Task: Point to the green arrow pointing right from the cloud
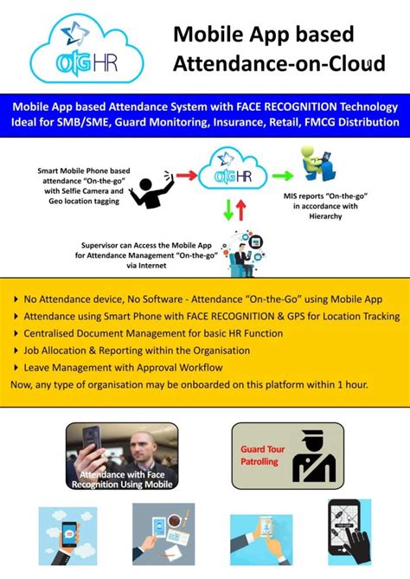tap(283, 175)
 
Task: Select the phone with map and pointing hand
tap(349, 531)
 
